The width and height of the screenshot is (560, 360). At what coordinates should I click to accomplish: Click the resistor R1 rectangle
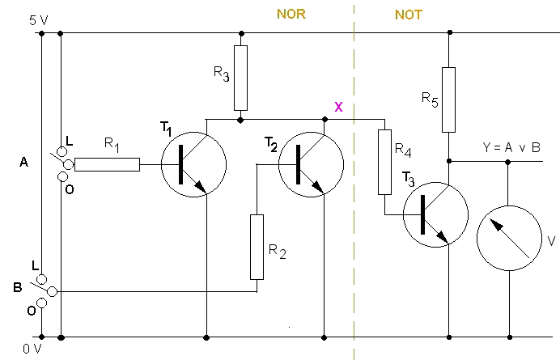pyautogui.click(x=107, y=165)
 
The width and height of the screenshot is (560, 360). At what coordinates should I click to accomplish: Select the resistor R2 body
pyautogui.click(x=257, y=247)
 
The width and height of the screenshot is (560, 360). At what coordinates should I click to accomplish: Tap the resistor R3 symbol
pyautogui.click(x=240, y=78)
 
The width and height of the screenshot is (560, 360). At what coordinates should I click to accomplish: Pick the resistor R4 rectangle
pyautogui.click(x=384, y=162)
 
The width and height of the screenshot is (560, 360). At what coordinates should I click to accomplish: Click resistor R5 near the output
pyautogui.click(x=448, y=100)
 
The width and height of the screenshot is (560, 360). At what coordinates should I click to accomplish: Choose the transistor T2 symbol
pyautogui.click(x=311, y=165)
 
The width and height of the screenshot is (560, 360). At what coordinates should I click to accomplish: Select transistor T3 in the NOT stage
pyautogui.click(x=435, y=214)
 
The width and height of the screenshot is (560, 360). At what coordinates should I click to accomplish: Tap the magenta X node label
pyautogui.click(x=338, y=107)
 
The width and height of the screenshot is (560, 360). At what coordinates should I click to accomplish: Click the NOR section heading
pyautogui.click(x=291, y=14)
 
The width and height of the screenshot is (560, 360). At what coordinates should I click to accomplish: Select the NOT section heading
pyautogui.click(x=409, y=15)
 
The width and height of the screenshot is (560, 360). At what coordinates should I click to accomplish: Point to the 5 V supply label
pyautogui.click(x=39, y=20)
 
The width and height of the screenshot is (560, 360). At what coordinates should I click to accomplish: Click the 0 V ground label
pyautogui.click(x=32, y=349)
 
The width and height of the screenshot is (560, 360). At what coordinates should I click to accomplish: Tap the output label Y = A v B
pyautogui.click(x=511, y=147)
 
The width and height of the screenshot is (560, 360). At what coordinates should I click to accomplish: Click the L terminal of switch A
pyautogui.click(x=62, y=152)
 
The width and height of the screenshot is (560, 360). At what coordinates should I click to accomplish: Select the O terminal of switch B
pyautogui.click(x=42, y=303)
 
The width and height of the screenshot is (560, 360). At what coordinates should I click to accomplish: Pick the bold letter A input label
pyautogui.click(x=23, y=163)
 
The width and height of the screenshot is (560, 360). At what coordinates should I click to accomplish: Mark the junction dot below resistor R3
pyautogui.click(x=240, y=121)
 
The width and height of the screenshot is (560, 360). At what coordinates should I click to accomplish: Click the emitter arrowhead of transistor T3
pyautogui.click(x=443, y=238)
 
